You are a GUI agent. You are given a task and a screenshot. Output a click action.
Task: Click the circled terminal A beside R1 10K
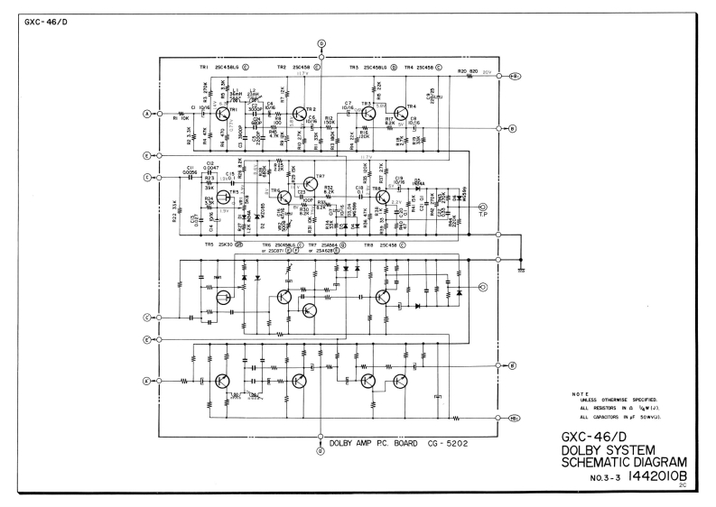146,114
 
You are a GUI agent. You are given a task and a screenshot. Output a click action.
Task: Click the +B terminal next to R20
516,77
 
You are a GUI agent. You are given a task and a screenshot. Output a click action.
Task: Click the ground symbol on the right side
523,269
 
